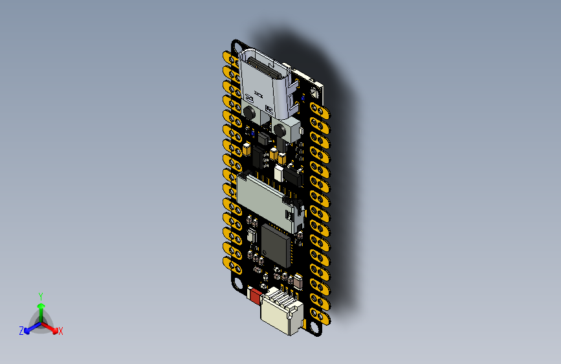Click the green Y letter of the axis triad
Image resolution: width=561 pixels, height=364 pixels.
coord(41,296)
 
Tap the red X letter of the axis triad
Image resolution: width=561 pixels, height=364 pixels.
coord(60,332)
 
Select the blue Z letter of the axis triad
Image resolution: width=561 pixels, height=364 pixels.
coord(21,331)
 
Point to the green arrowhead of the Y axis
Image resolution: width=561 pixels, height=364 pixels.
coord(41,306)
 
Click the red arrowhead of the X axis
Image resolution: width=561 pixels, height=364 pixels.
coord(54,330)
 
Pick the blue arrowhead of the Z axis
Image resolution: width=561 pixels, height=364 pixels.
coord(27,331)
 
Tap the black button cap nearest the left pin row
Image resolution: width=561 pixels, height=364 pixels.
coord(249,113)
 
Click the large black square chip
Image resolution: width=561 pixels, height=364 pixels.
coord(276,245)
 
